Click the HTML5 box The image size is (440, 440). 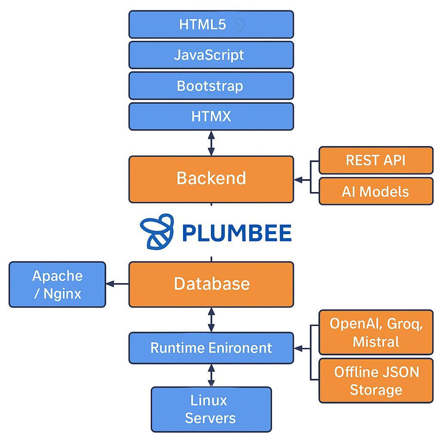point(211,24)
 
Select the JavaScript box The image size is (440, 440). point(211,55)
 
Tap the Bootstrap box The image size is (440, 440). point(211,86)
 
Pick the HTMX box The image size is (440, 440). point(211,116)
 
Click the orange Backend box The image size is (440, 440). point(211,179)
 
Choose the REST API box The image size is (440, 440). point(376,160)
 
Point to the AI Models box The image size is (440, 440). point(376,191)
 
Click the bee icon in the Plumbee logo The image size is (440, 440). point(157,232)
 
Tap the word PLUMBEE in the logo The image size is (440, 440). point(236,233)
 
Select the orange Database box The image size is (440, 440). point(211,284)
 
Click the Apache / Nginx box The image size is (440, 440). point(57,284)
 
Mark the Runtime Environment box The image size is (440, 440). point(211,348)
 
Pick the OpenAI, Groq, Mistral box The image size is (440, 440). point(376,332)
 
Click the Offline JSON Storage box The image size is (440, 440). point(376,381)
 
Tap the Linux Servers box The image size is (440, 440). point(211,409)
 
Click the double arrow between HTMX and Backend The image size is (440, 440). point(211,143)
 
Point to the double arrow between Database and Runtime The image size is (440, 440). point(211,320)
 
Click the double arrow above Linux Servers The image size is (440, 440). point(211,375)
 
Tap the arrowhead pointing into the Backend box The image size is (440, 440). point(298,180)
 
